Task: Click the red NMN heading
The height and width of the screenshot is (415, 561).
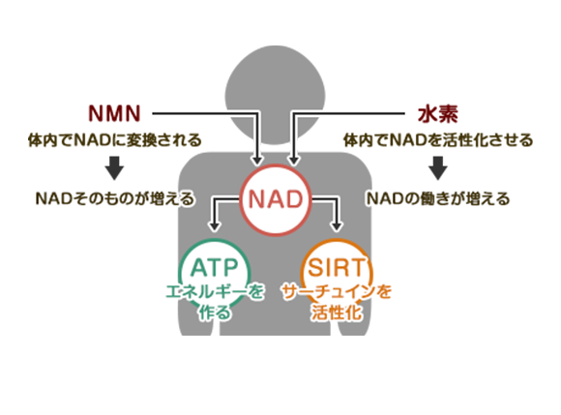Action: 114,114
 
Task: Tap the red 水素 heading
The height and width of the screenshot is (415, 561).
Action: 438,114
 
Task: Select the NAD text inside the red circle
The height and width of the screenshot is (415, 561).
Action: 276,199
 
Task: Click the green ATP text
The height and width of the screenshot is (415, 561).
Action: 215,267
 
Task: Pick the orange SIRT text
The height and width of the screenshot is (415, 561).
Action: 337,267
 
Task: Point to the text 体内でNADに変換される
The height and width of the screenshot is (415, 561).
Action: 115,140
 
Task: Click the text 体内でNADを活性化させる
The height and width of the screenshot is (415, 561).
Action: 438,140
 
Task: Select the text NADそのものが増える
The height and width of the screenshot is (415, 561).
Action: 115,198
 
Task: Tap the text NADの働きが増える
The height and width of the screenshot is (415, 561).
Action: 438,198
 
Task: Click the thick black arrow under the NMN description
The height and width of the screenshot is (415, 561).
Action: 114,167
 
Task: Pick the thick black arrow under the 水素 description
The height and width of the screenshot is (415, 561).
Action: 438,167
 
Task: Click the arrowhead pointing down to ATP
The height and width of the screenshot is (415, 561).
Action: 215,226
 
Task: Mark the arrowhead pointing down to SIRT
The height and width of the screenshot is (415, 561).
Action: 336,226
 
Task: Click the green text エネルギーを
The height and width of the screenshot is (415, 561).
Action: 215,292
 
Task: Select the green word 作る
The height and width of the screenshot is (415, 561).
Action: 215,312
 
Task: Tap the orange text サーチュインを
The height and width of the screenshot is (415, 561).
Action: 337,292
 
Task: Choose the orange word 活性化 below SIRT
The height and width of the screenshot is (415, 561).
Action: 337,312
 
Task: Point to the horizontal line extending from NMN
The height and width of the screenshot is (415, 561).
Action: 205,113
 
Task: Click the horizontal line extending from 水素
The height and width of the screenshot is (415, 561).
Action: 349,113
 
